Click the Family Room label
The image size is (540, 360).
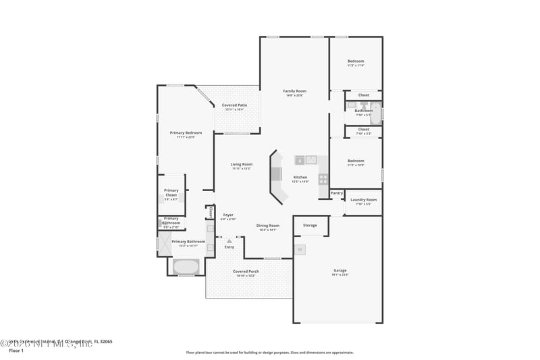294,91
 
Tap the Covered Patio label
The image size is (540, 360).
234,105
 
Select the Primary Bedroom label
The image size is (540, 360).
185,133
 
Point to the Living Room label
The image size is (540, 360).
241,164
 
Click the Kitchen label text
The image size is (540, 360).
300,178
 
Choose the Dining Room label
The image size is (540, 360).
268,226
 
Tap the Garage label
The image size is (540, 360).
339,270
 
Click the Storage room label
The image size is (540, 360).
310,225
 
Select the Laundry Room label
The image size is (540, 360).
364,200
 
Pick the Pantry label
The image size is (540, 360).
337,193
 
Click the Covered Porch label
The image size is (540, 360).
248,272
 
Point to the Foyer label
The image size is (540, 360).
228,215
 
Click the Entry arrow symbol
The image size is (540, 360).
230,240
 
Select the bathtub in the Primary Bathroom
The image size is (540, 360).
186,267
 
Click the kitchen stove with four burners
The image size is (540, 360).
323,179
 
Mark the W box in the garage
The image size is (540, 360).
300,249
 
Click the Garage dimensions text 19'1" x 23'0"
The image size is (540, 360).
339,275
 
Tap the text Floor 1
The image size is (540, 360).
16,351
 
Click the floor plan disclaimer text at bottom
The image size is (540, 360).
269,352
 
